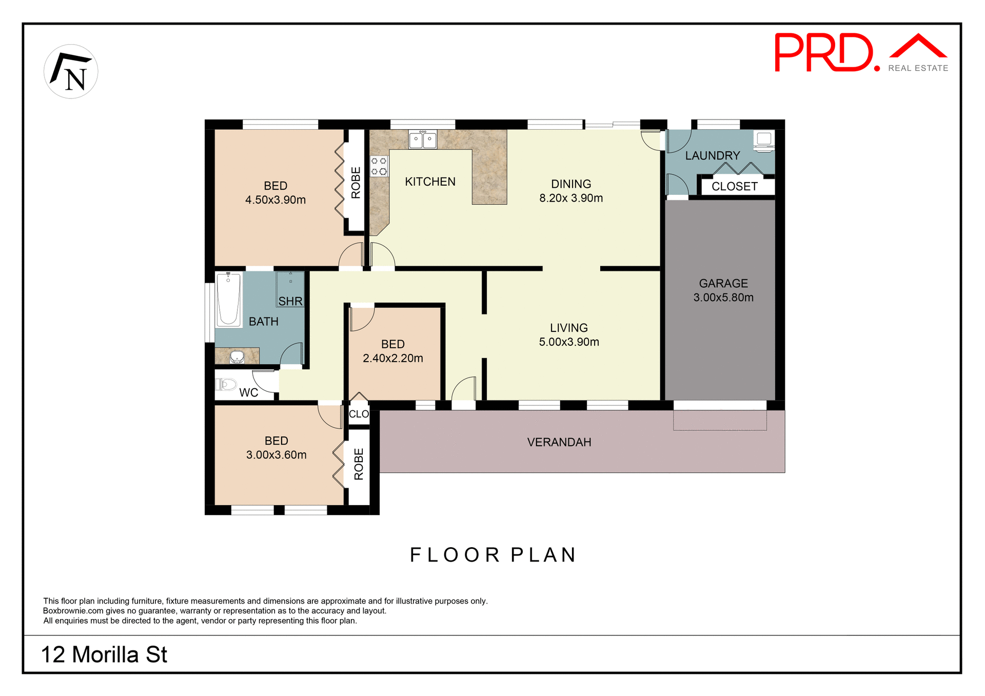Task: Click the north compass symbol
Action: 71,72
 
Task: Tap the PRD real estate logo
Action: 860,53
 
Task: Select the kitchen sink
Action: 423,139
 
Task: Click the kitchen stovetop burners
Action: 379,166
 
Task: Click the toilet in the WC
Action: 226,384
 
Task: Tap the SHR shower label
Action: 290,301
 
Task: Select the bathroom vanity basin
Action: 237,356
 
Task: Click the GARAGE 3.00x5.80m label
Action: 723,290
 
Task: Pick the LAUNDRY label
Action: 713,155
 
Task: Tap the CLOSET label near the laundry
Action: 734,187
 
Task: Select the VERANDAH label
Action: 559,442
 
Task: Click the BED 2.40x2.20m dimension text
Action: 393,358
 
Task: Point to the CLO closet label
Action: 359,414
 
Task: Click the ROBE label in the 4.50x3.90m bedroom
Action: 356,183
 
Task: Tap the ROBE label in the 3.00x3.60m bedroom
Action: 359,464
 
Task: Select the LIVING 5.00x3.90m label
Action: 569,335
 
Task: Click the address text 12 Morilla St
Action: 104,655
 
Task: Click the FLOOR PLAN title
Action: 493,555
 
